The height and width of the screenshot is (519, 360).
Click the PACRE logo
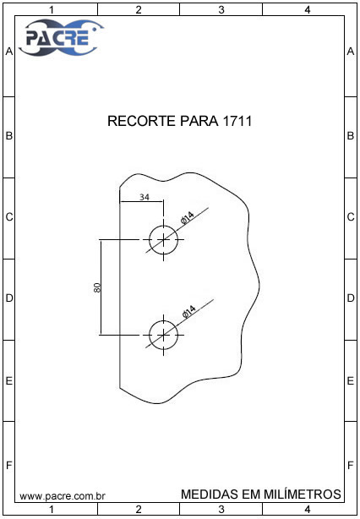(x=61, y=37)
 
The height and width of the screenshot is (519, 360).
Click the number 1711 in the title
(x=237, y=121)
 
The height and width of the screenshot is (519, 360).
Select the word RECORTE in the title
(x=142, y=121)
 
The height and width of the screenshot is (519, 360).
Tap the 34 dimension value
(x=145, y=197)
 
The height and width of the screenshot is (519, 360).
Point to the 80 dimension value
(x=97, y=287)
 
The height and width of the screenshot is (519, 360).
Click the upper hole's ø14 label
(x=187, y=218)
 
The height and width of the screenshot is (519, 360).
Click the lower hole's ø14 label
(x=188, y=312)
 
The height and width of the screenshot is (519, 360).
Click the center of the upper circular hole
(x=163, y=240)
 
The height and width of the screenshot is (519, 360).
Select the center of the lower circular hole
(x=163, y=335)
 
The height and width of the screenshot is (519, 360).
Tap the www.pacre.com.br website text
(x=63, y=496)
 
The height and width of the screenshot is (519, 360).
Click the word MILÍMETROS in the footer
(x=303, y=494)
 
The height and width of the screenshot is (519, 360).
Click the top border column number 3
(x=221, y=10)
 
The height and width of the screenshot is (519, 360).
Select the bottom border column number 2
(x=139, y=509)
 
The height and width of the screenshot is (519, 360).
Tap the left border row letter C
(x=9, y=217)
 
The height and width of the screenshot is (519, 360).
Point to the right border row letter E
(x=351, y=381)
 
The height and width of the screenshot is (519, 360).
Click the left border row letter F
(x=9, y=466)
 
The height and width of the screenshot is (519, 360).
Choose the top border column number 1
(x=52, y=10)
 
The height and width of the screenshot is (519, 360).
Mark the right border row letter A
(x=351, y=52)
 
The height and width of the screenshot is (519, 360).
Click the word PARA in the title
(x=199, y=121)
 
